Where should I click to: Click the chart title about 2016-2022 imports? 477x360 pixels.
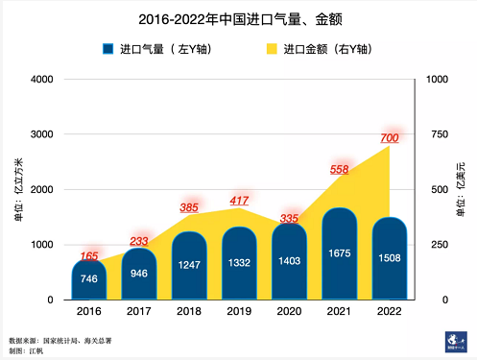(238, 18)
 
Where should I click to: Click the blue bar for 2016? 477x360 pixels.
(89, 279)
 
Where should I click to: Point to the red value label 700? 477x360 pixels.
(390, 138)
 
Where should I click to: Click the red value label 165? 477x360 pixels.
(89, 256)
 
